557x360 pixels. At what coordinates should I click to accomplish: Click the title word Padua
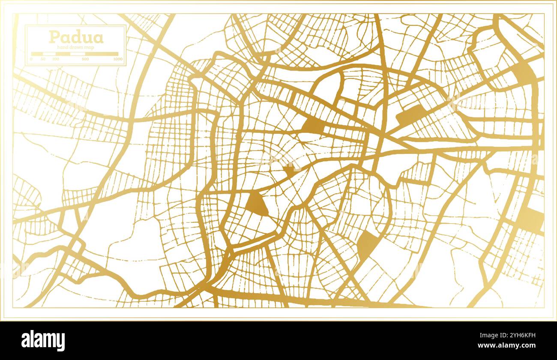click(76, 37)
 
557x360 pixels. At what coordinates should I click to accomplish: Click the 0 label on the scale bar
click(31, 59)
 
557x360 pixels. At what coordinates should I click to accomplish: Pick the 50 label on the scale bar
click(43, 59)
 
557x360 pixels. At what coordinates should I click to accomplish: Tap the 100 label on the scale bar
click(55, 59)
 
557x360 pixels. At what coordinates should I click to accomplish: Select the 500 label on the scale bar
click(85, 59)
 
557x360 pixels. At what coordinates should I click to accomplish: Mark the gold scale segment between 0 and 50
click(37, 54)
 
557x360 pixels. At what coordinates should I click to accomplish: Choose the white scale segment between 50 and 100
click(49, 54)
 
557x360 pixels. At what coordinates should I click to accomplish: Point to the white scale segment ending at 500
click(78, 54)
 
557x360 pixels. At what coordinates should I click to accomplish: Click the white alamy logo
click(43, 341)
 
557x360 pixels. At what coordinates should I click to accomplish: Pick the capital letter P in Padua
click(54, 37)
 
